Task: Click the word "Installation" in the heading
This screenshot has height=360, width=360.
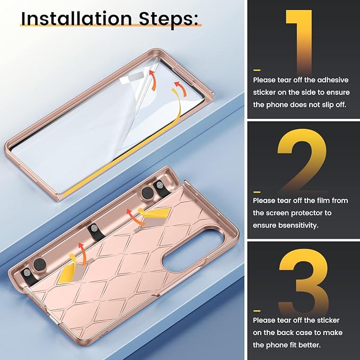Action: point(76,19)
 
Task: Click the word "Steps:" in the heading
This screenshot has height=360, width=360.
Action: point(169,20)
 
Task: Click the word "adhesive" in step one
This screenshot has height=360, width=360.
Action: point(333,80)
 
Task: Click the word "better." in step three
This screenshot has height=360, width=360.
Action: point(309,345)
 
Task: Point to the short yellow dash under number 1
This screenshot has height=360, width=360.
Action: point(257,70)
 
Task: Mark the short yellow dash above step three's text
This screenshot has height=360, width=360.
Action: point(257,311)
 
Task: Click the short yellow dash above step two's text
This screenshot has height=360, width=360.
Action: point(257,192)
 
